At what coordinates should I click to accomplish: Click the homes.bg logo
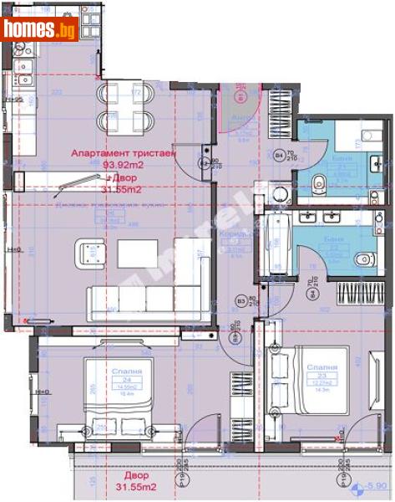(39, 29)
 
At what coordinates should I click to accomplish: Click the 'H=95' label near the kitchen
(15, 99)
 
